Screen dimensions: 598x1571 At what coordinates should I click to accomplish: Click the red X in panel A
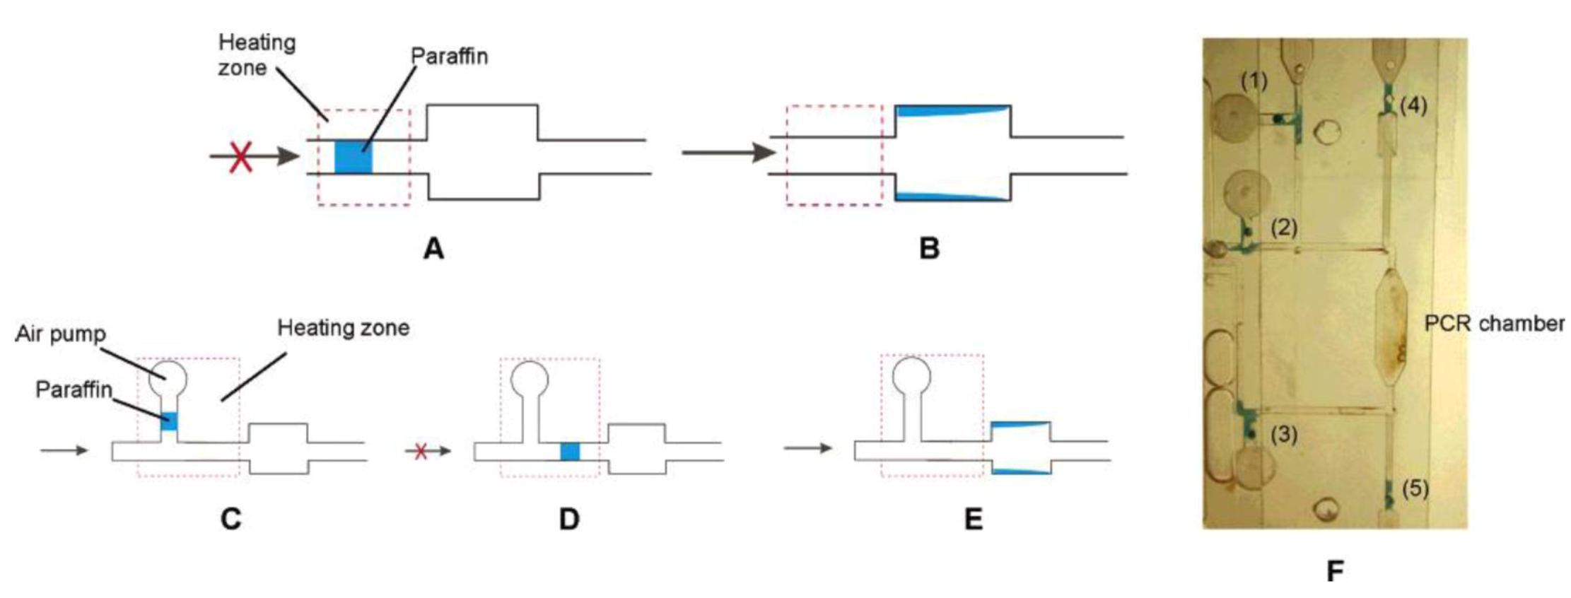(241, 156)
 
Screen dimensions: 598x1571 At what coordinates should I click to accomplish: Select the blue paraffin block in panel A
(353, 157)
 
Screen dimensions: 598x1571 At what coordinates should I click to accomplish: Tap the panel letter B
(929, 249)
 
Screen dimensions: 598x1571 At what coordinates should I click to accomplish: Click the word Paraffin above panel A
(449, 56)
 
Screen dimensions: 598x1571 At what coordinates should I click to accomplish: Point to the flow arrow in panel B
(728, 152)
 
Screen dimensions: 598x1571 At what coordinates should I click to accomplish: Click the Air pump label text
(60, 334)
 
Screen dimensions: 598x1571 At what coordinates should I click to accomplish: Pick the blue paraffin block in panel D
(570, 452)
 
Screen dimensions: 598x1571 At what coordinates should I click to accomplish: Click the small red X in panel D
(421, 451)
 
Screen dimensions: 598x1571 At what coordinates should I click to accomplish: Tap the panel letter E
(973, 520)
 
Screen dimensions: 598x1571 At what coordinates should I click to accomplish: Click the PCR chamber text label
(1493, 324)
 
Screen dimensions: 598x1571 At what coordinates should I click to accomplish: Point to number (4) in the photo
(1413, 106)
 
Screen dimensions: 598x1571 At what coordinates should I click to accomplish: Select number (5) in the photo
(1415, 488)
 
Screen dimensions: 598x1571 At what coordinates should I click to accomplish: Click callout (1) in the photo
(1254, 81)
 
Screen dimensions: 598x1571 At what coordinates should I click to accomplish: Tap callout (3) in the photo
(1283, 435)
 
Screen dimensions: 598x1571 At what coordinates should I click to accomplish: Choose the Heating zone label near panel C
(343, 328)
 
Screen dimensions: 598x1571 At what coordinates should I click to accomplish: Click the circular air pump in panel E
(912, 375)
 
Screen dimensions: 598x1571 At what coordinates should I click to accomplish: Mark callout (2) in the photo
(1283, 228)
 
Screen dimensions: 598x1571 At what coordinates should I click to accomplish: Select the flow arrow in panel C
(64, 450)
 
